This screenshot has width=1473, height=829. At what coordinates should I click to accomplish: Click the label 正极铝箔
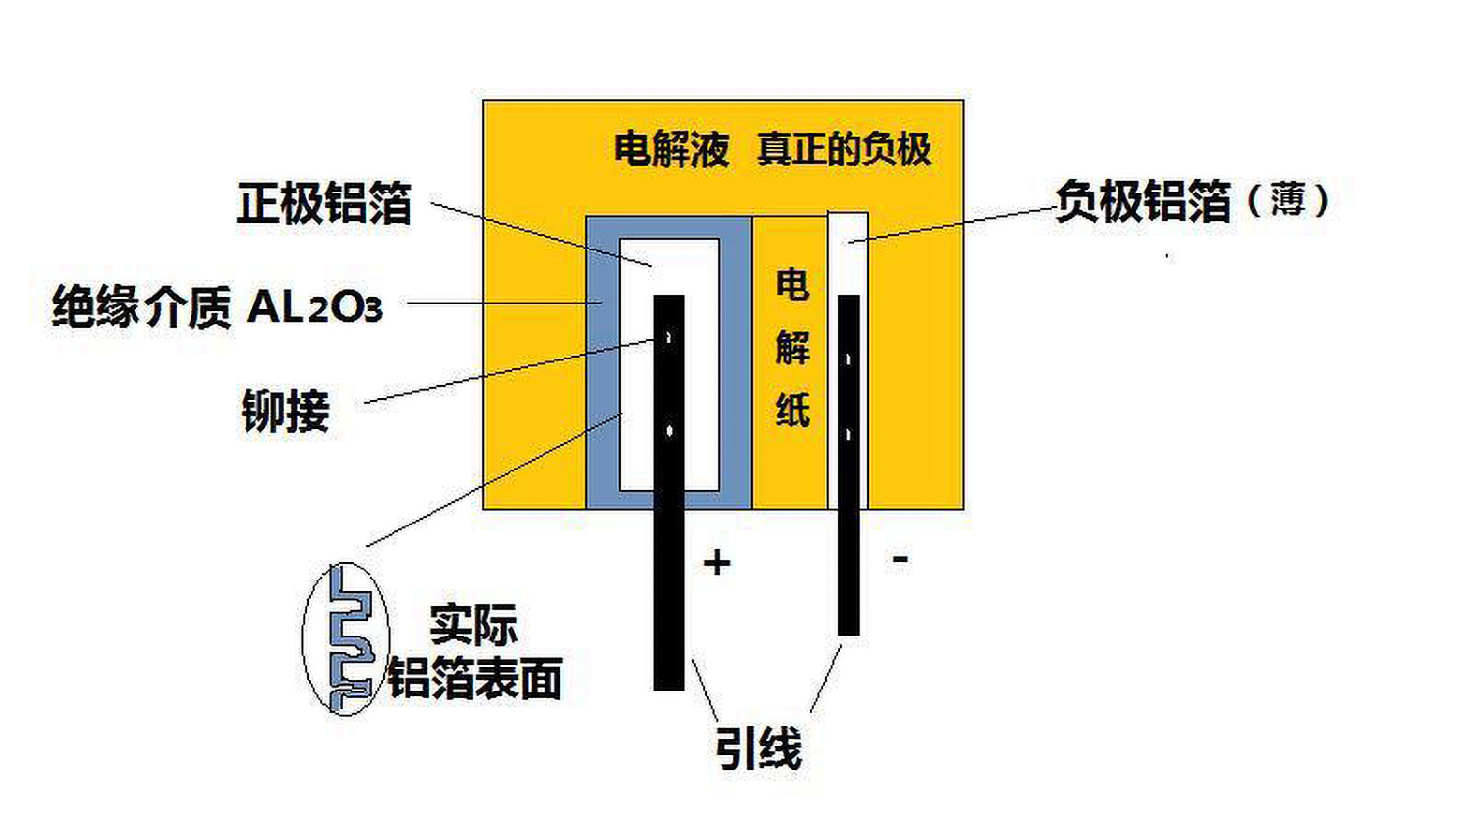[324, 202]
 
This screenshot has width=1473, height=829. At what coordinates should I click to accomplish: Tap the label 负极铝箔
[1144, 200]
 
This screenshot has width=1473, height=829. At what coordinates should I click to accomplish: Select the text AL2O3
[315, 307]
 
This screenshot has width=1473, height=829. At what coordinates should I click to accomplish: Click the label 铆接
[286, 411]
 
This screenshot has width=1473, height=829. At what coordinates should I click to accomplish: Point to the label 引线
[759, 748]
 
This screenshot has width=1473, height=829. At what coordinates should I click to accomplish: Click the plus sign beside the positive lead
[717, 563]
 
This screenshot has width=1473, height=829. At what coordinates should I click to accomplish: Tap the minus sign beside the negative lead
[900, 559]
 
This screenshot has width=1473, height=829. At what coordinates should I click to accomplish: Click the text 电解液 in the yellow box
[672, 149]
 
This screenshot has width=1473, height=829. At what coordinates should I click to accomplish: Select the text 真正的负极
[845, 148]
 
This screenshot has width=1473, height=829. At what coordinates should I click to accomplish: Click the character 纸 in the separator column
[792, 410]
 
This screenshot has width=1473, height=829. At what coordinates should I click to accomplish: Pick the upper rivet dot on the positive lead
[670, 339]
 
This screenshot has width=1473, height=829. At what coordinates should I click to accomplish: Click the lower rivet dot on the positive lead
[670, 431]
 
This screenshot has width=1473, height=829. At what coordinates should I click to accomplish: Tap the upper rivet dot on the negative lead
[848, 359]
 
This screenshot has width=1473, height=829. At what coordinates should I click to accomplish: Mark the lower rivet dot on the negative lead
[848, 435]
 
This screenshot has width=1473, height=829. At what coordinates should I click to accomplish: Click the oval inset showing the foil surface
[303, 638]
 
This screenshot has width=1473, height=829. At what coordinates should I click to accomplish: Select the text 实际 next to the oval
[473, 624]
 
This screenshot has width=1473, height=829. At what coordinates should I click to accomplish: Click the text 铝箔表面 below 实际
[474, 678]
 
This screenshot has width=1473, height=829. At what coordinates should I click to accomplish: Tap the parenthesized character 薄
[1287, 200]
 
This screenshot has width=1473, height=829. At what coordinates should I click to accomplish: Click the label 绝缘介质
[142, 307]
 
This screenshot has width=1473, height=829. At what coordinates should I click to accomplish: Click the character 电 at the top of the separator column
[792, 284]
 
